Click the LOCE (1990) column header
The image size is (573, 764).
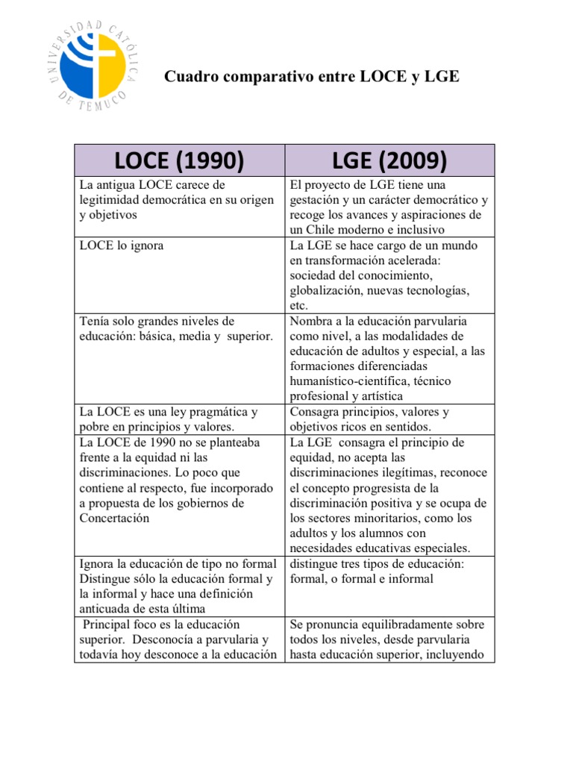tap(180, 160)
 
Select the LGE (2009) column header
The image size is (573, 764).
tap(390, 160)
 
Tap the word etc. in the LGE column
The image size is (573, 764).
tap(299, 306)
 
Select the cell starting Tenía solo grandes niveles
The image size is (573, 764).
tap(180, 359)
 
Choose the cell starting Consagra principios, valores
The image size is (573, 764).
tap(390, 419)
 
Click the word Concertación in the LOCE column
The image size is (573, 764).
tap(114, 518)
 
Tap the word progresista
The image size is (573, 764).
tap(376, 488)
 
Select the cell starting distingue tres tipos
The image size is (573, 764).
tap(390, 586)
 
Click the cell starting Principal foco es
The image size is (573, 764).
tap(180, 639)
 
